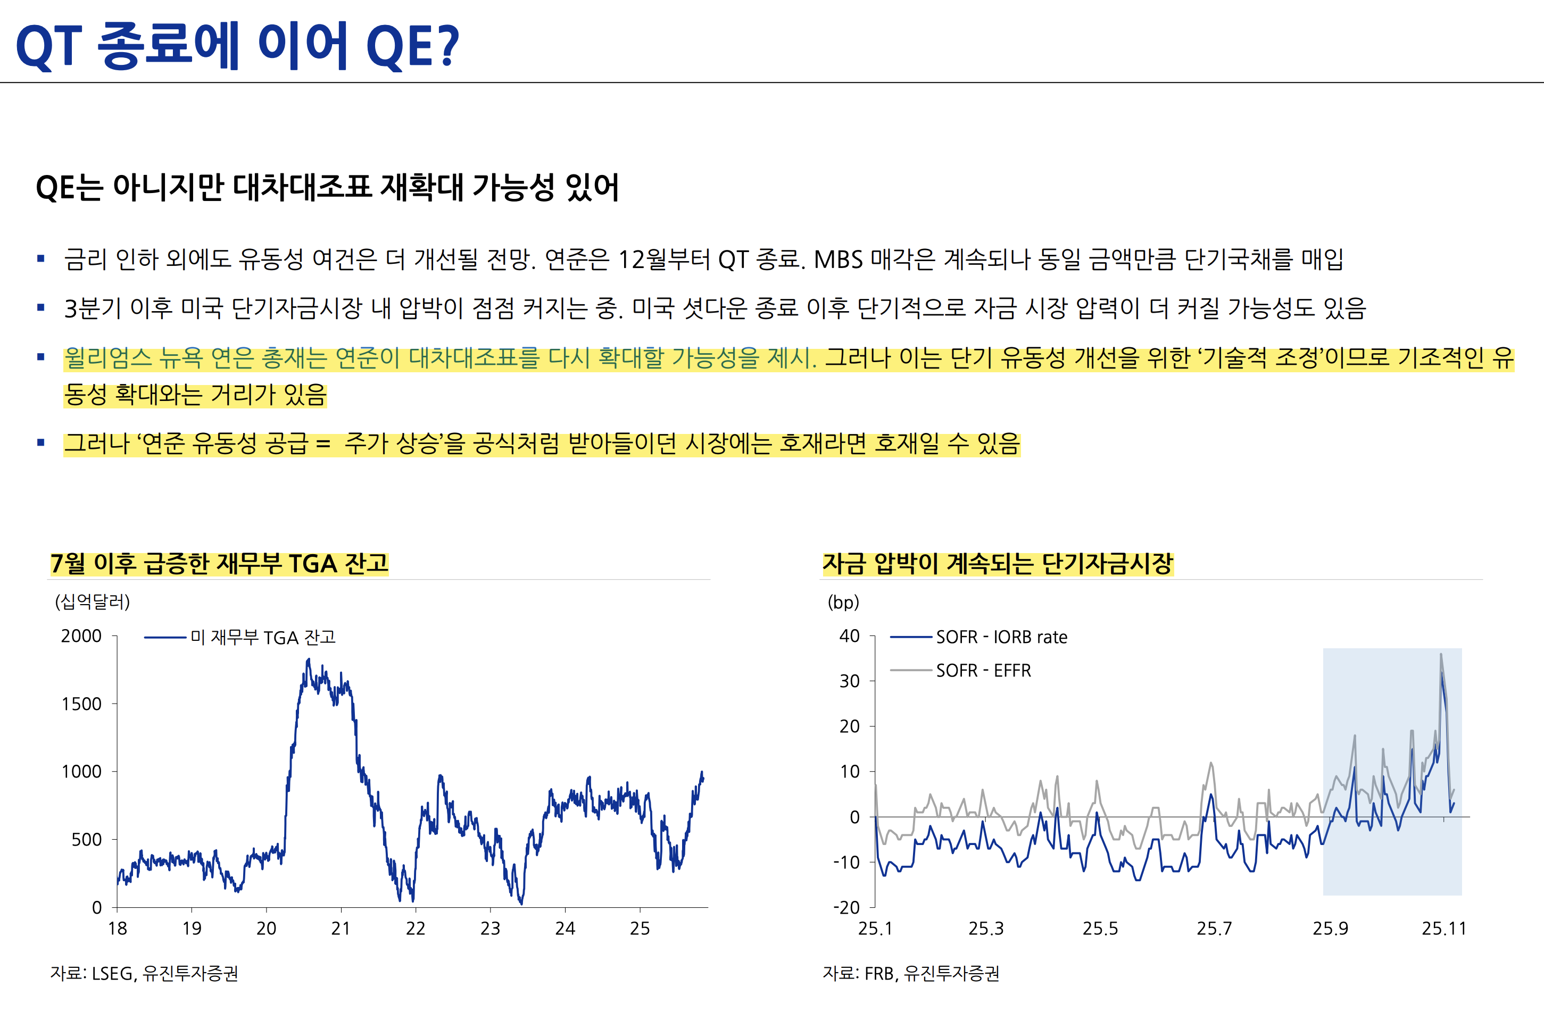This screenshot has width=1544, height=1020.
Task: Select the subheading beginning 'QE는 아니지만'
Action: (327, 187)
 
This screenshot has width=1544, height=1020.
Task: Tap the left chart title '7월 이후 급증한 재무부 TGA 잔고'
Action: (219, 563)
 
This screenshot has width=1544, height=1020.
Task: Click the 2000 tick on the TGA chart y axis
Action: (81, 636)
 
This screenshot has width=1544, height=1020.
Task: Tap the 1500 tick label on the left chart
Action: (81, 704)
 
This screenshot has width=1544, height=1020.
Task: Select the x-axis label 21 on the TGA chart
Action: (341, 929)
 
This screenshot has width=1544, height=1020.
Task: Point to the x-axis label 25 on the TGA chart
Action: (640, 929)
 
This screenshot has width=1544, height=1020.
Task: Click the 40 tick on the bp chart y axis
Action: (849, 636)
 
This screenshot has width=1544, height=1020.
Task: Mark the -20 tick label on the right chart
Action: (846, 907)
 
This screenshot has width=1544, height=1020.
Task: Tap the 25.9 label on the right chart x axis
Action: (1330, 929)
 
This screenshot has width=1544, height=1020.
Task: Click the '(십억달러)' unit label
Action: (93, 601)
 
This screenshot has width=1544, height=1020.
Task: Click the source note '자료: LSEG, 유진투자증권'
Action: (144, 973)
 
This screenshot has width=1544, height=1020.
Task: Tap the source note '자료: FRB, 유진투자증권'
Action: (910, 973)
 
